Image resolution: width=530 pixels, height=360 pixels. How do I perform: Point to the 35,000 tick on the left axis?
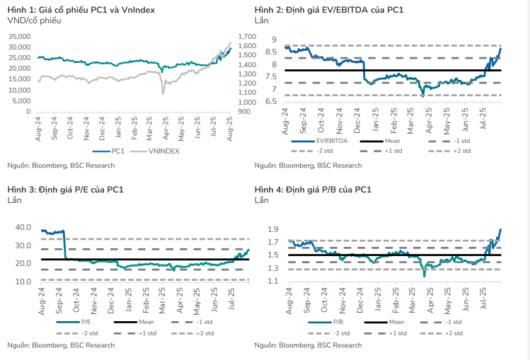(x=18, y=37)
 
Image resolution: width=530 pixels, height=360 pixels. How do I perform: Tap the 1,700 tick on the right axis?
(x=249, y=37)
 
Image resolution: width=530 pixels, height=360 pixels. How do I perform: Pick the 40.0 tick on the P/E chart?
(x=23, y=228)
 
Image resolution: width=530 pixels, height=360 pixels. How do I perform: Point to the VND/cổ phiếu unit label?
(x=34, y=21)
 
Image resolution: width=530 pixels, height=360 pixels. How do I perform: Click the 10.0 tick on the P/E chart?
(x=23, y=281)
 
